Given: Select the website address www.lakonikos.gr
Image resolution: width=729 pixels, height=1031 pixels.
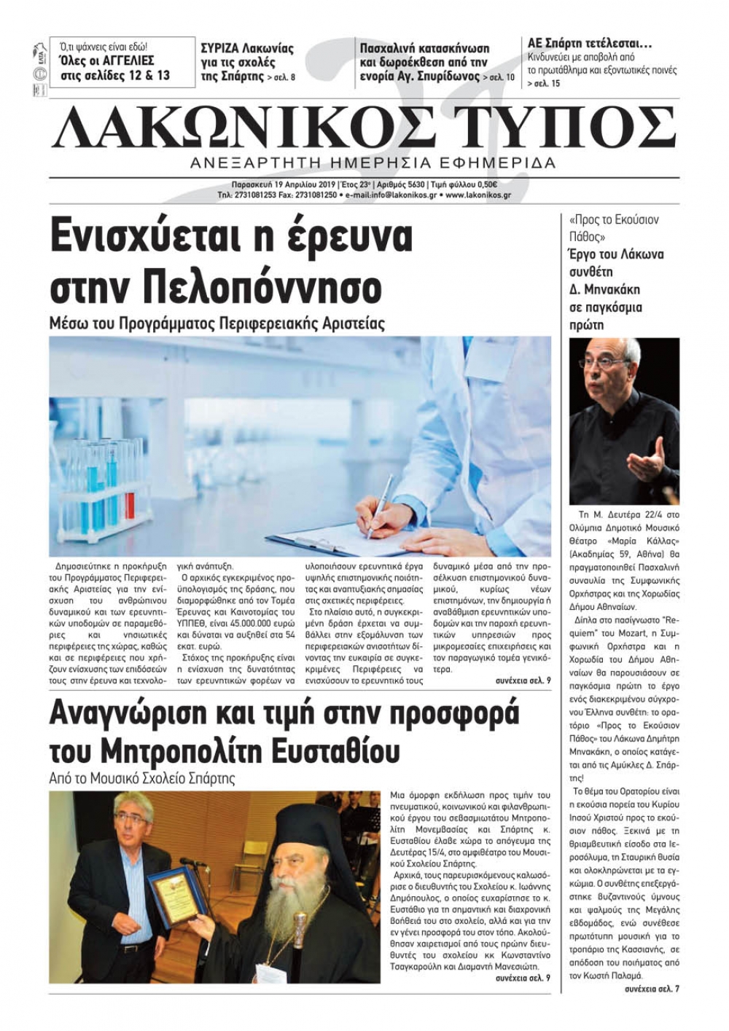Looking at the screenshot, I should click(477, 195).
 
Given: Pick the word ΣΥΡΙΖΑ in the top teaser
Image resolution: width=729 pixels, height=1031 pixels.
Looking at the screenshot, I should click(222, 48).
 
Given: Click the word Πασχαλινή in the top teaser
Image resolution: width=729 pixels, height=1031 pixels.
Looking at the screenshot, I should click(390, 48).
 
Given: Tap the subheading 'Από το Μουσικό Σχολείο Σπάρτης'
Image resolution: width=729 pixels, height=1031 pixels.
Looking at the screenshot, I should click(142, 777).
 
